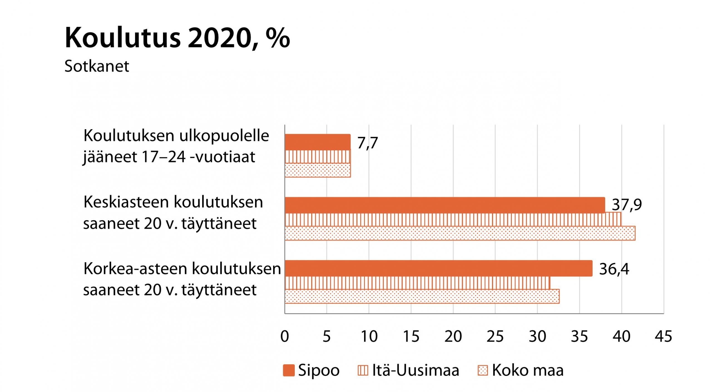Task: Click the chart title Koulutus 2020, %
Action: point(177,38)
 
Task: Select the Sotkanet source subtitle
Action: point(97,66)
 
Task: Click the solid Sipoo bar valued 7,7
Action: point(317,142)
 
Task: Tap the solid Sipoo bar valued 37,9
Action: point(444,205)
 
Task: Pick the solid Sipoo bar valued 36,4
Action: point(438,268)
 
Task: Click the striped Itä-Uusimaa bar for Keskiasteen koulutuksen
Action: point(453,219)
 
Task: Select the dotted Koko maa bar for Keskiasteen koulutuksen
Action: point(460,233)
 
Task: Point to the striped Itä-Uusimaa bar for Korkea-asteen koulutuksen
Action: point(417,283)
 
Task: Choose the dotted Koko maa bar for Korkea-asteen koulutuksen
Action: point(422,296)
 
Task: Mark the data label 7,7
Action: point(367,143)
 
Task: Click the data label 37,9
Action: point(627,205)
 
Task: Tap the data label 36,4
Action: point(614,269)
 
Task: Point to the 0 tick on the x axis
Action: point(285,336)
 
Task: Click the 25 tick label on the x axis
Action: point(495,336)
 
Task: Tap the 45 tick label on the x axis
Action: point(663,336)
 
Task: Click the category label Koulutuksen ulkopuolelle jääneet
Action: point(176,146)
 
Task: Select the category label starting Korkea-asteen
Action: point(182,279)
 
